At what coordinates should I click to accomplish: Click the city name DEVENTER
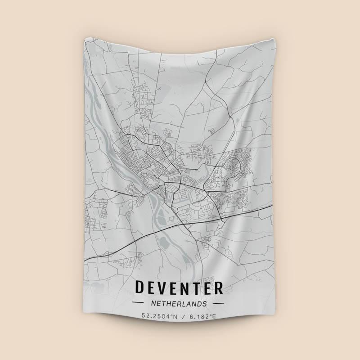179,288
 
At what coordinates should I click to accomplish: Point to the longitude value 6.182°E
202,316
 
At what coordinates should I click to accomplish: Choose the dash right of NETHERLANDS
218,303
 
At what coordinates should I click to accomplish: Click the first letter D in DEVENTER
140,288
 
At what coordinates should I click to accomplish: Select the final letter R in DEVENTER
218,288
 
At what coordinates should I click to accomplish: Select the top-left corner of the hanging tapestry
84,39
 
